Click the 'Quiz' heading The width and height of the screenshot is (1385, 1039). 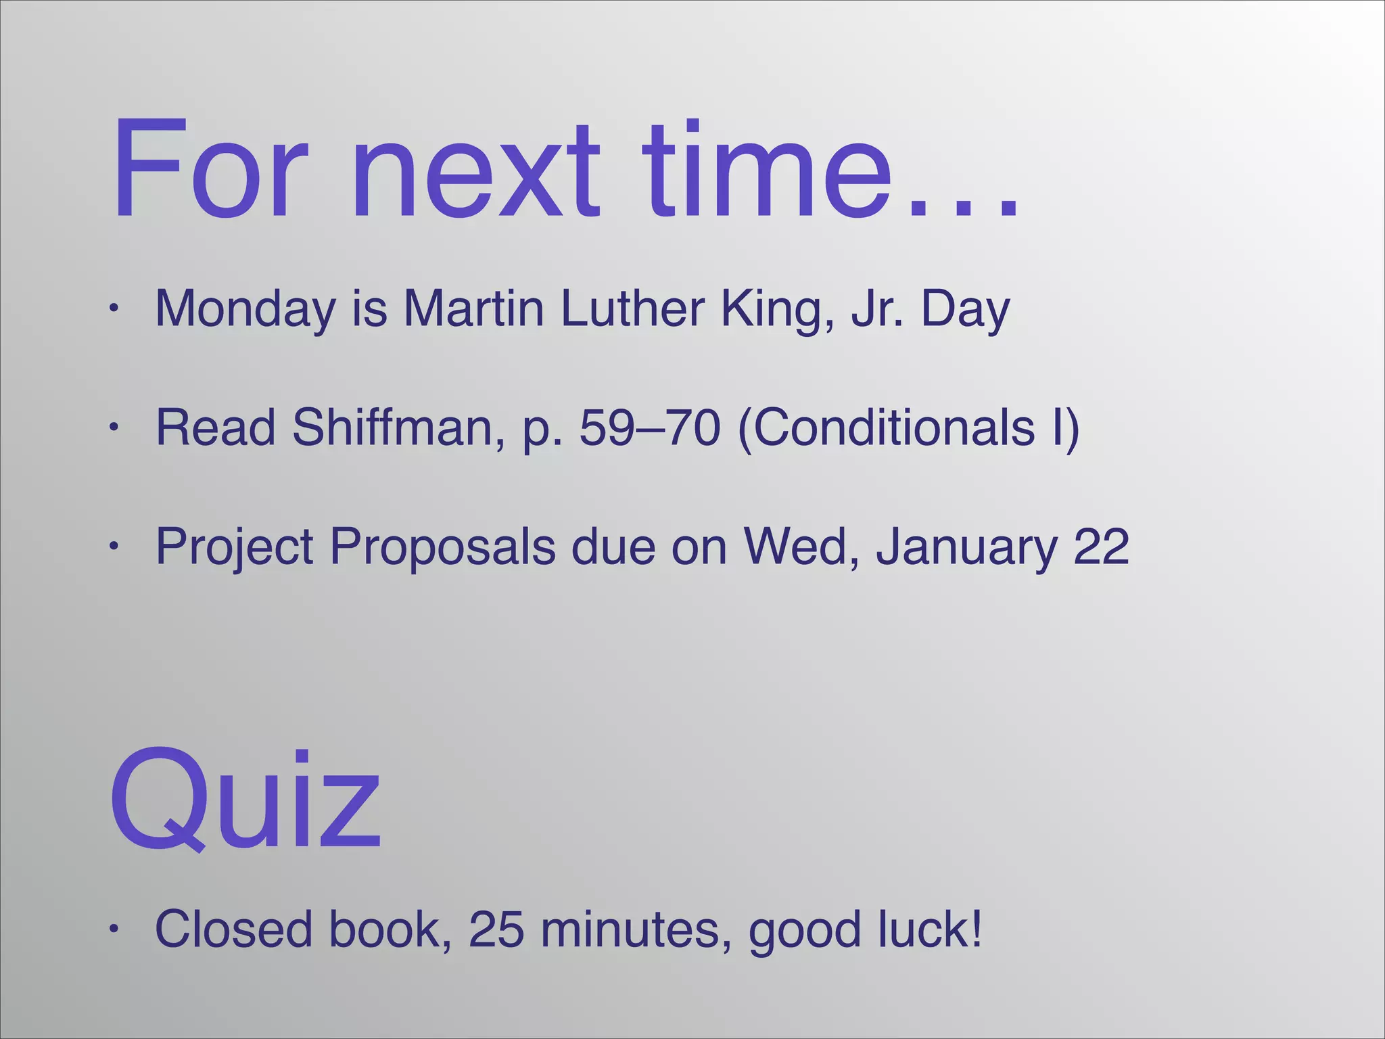(x=245, y=802)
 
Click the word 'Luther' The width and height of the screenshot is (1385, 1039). (x=632, y=308)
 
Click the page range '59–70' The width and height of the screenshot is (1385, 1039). (x=650, y=428)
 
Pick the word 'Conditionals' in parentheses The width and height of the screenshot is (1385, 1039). (x=893, y=428)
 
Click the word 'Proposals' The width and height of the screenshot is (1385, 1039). (x=442, y=547)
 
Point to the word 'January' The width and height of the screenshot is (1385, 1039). (x=966, y=547)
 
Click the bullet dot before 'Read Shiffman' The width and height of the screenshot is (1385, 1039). (x=115, y=428)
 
